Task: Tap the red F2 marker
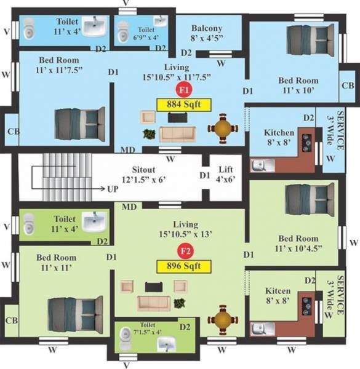click(x=183, y=251)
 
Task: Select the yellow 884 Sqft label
click(x=183, y=103)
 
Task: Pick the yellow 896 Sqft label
click(x=183, y=266)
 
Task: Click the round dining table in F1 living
click(x=222, y=129)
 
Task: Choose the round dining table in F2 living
click(x=222, y=320)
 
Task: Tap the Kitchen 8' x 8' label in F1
click(x=279, y=137)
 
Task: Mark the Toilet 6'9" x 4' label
click(x=146, y=32)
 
